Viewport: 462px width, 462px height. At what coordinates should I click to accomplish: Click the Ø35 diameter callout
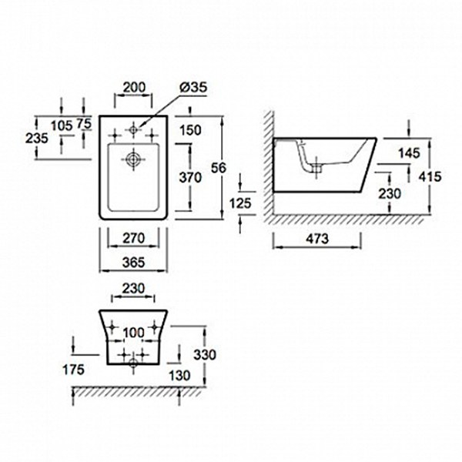pyautogui.click(x=193, y=87)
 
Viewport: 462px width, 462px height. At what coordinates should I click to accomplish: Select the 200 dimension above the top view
pyautogui.click(x=134, y=87)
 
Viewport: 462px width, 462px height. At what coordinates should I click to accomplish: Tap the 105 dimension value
pyautogui.click(x=62, y=126)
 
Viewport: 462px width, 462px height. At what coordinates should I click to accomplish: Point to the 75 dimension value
pyautogui.click(x=84, y=123)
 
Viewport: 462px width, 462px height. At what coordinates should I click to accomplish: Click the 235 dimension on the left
pyautogui.click(x=36, y=138)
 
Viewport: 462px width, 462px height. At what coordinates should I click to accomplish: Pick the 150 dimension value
pyautogui.click(x=190, y=130)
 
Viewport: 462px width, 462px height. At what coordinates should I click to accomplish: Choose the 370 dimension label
pyautogui.click(x=190, y=177)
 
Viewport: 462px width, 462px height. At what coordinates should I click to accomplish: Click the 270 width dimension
pyautogui.click(x=133, y=238)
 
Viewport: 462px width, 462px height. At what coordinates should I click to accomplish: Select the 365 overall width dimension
pyautogui.click(x=133, y=263)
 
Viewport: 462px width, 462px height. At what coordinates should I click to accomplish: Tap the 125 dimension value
pyautogui.click(x=240, y=203)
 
